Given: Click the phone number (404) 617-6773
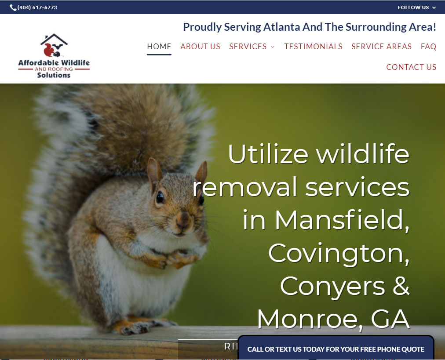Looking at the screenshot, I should coord(37,7).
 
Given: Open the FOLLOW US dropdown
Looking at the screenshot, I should coord(416,7).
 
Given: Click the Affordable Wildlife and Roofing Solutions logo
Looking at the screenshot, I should coord(54,56).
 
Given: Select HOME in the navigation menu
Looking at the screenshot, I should coord(159,47).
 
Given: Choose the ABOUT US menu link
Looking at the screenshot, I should coord(200,47).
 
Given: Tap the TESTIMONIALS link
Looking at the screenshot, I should coord(313,47).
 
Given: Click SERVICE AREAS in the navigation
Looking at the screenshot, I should coord(381,47).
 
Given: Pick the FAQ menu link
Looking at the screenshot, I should coord(428,47).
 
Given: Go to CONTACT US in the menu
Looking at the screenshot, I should coord(411,67).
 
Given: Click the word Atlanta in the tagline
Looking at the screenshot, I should coord(285,27).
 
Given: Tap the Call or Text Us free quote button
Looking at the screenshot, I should coord(336,349).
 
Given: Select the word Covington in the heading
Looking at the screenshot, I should coord(339,253).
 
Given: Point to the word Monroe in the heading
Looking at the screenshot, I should coord(310,319).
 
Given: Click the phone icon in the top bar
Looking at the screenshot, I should coord(13,7).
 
